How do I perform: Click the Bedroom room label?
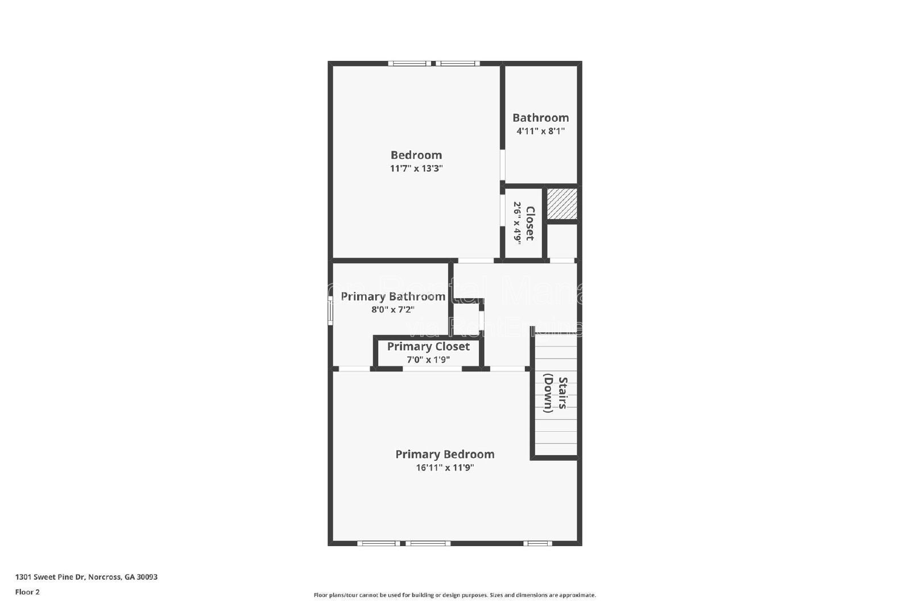416,155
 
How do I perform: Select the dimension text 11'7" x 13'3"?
416,168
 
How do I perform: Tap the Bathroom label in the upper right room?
540,118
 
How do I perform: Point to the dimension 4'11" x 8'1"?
540,131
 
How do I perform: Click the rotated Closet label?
530,223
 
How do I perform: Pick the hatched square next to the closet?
562,204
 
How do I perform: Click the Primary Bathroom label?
392,296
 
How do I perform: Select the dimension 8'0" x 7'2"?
392,309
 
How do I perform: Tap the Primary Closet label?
428,346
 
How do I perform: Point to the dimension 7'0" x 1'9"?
428,360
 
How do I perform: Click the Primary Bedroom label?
445,454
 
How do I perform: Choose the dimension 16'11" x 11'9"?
445,468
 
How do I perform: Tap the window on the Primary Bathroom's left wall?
330,313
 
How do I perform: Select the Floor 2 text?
27,592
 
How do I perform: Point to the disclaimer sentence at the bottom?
454,595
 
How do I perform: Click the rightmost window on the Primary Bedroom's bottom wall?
537,543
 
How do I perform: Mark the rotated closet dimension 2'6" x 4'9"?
518,223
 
